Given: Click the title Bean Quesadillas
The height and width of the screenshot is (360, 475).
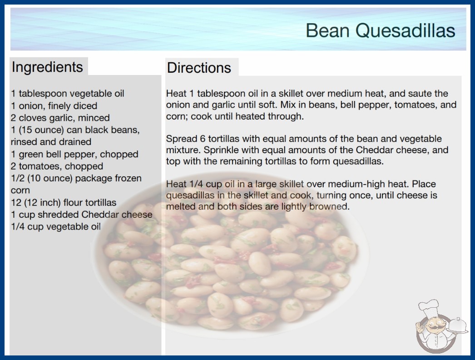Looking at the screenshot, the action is (381, 30).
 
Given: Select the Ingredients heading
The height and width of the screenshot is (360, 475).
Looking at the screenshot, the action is (47, 67).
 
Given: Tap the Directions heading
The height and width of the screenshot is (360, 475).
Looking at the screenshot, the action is (199, 68).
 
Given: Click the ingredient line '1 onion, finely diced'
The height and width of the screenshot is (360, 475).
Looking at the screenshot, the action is (54, 106).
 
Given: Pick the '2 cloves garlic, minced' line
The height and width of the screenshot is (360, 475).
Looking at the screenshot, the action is (60, 118).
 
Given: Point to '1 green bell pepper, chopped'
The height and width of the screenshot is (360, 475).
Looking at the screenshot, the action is (74, 154).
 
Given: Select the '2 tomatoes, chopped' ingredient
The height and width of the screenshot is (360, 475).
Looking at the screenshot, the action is (57, 166).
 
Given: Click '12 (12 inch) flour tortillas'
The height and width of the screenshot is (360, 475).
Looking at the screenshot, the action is (64, 202).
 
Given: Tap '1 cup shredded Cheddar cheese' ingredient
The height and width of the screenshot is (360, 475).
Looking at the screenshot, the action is (82, 215).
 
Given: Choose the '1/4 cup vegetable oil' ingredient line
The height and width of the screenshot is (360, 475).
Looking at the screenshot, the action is (56, 226).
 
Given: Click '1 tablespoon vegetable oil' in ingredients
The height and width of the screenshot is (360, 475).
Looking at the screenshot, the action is (68, 94).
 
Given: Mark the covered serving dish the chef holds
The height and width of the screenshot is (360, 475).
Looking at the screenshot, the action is (457, 325).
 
